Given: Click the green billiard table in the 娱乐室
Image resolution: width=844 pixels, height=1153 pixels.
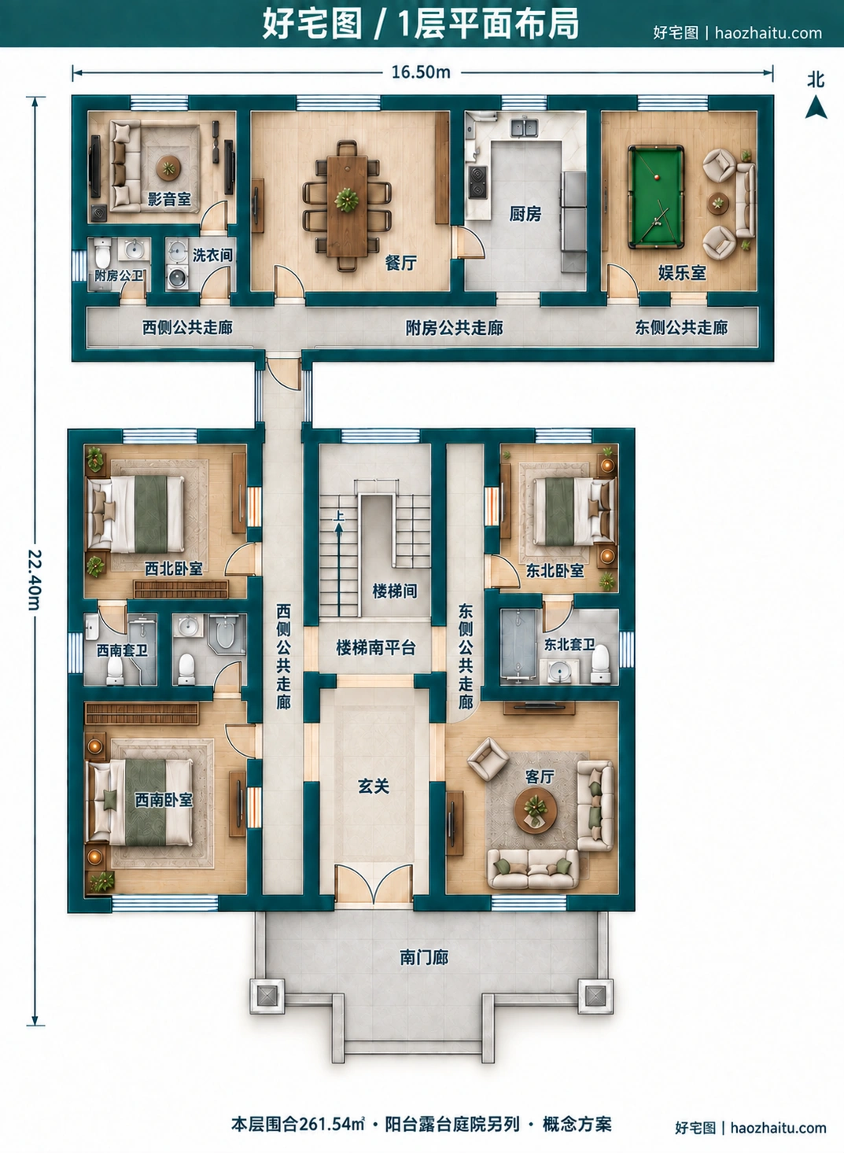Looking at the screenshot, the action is coord(656,196).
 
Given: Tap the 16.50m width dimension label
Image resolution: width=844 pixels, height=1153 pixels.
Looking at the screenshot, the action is coord(421,72).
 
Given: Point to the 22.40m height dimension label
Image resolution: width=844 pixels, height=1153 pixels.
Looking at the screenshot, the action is coord(34,580).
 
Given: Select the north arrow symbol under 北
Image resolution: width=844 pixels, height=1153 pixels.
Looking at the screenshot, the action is coord(816,108).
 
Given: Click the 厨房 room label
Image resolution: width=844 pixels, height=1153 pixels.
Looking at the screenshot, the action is coord(525,214).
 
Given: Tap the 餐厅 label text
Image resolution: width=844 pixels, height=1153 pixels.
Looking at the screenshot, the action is coord(401,263).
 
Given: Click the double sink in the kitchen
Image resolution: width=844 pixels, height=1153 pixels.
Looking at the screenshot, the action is coord(525,127).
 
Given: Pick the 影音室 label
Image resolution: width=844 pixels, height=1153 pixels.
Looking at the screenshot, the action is coord(169,199).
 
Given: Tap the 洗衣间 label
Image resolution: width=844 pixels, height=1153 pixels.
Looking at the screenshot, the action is coord(212,255).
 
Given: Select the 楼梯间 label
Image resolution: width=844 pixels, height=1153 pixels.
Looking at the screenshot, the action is coord(395,591).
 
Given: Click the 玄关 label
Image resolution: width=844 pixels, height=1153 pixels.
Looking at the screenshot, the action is coord(374,786).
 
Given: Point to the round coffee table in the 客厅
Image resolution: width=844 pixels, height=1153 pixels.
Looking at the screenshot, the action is coord(536,809).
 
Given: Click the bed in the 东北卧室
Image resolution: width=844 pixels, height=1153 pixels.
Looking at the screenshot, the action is coord(574,511).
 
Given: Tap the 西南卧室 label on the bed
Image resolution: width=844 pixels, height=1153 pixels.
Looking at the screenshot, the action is coord(164,799).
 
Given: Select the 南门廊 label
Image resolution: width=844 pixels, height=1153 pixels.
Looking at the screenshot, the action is coord(424,957).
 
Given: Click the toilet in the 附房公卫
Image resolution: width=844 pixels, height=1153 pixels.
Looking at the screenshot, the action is coord(103,252).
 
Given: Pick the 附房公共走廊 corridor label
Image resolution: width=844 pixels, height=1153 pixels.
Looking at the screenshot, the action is coord(454,328).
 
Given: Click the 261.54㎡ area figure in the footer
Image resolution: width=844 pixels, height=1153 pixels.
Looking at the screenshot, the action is coord(331,1124).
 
